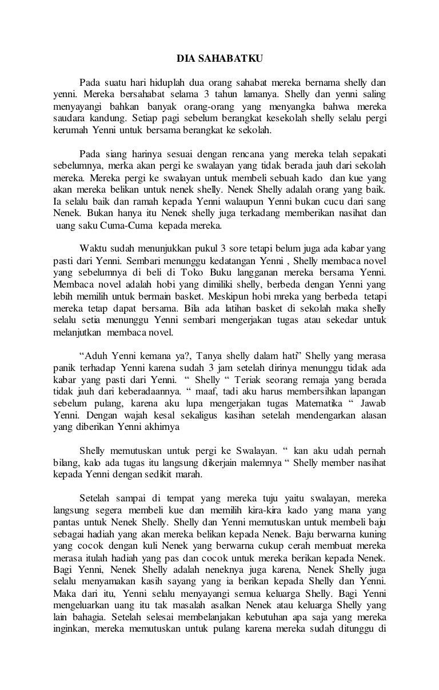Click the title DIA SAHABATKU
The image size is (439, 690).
tap(219, 58)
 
